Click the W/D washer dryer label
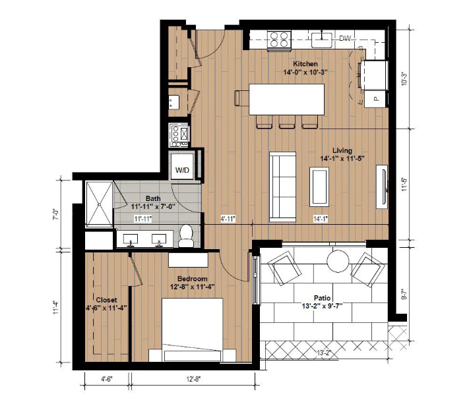coord(182,170)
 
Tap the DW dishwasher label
coord(345,38)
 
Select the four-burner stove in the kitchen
coord(279,40)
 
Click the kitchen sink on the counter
coord(321,40)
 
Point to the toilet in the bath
coord(186,236)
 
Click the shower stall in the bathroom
coord(100,204)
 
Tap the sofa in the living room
coord(282,187)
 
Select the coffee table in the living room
coord(319,187)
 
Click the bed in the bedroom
coord(192,330)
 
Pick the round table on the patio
coord(338,261)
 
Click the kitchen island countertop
coord(287,100)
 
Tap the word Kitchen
coord(305,64)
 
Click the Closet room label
coord(107,300)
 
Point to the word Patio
coord(323,298)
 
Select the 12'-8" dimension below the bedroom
coord(193,379)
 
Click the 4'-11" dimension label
coord(228,219)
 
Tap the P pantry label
coord(376,99)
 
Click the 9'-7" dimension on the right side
coord(404,294)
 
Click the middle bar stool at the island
coord(286,122)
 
